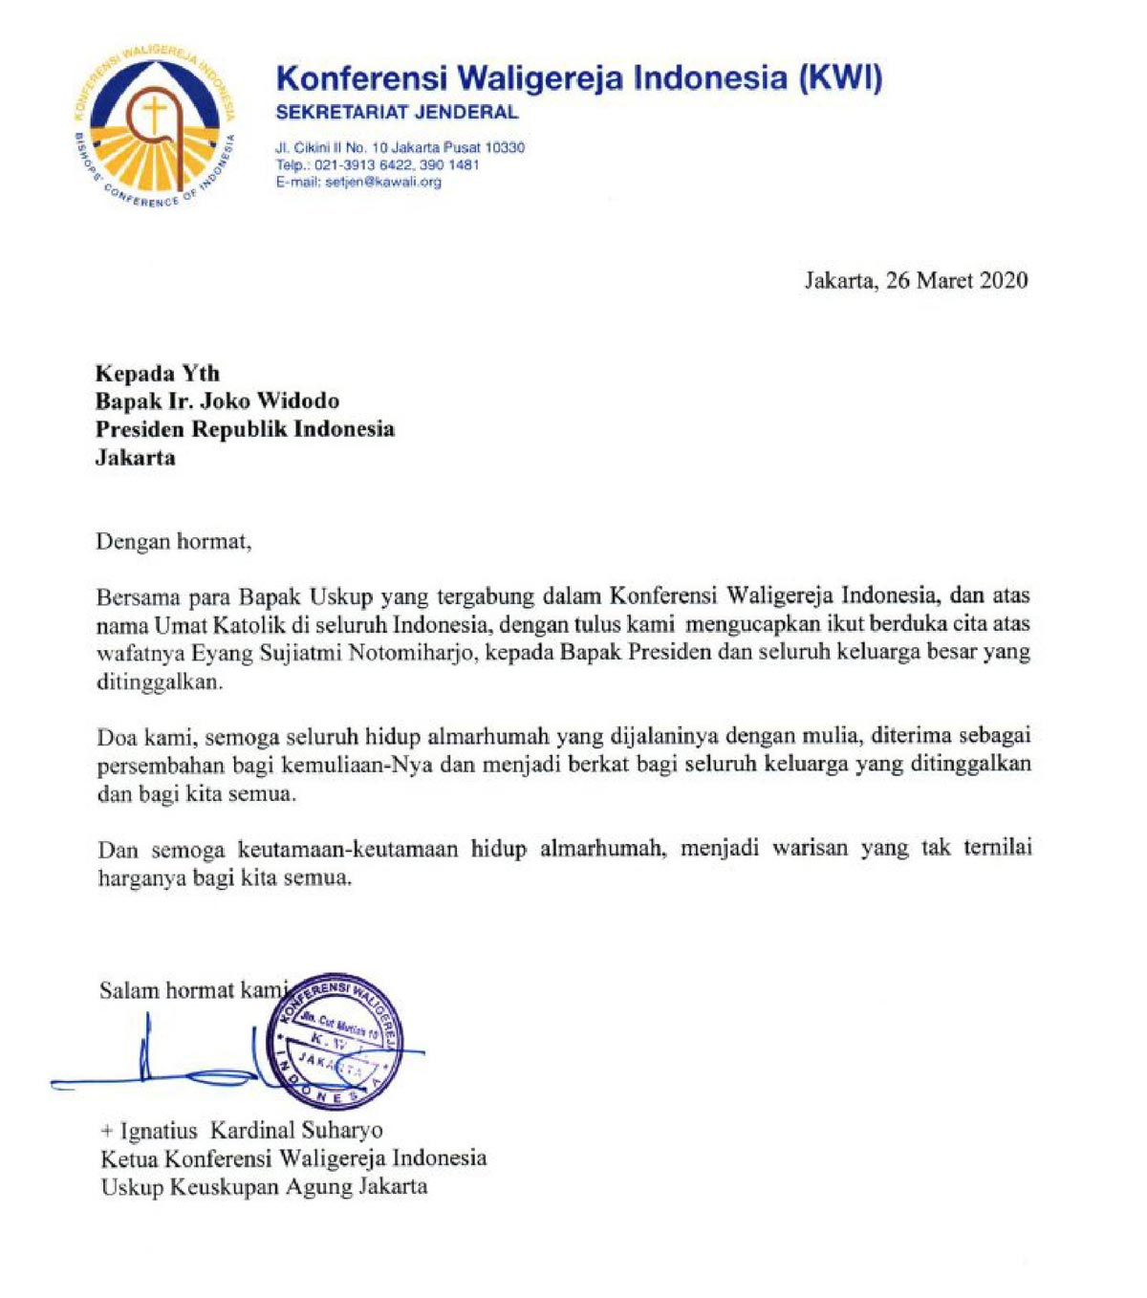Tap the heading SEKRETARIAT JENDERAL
[397, 113]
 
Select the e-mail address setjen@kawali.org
[383, 182]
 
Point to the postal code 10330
[505, 147]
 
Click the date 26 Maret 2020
[957, 280]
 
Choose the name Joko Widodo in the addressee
[270, 400]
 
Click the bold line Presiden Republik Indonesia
[245, 429]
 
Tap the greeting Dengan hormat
[173, 542]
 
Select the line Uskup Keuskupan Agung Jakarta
[264, 1187]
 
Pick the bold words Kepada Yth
[158, 373]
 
